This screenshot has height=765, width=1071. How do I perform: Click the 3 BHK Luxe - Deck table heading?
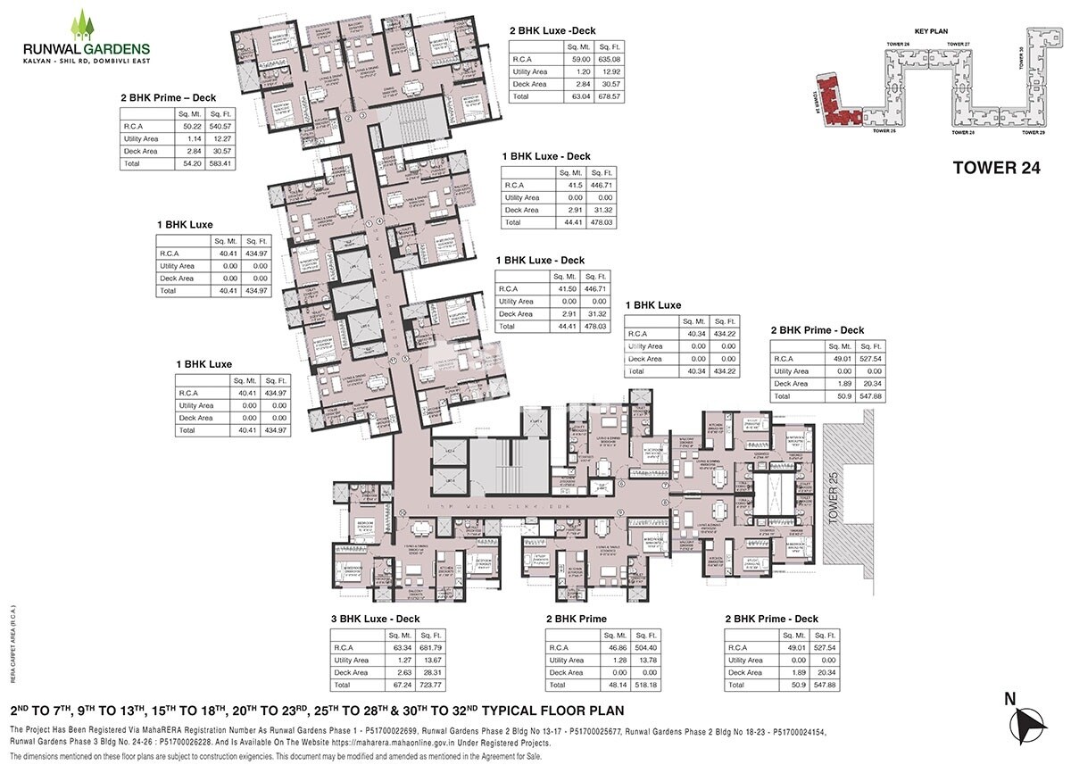click(x=375, y=619)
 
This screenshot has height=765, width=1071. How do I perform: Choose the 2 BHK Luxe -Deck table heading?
click(x=552, y=31)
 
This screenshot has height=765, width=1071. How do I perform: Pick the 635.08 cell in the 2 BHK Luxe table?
click(x=610, y=59)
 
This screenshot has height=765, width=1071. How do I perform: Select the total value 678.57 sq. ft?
click(x=610, y=96)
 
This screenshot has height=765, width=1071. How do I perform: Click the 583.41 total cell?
click(x=220, y=163)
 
